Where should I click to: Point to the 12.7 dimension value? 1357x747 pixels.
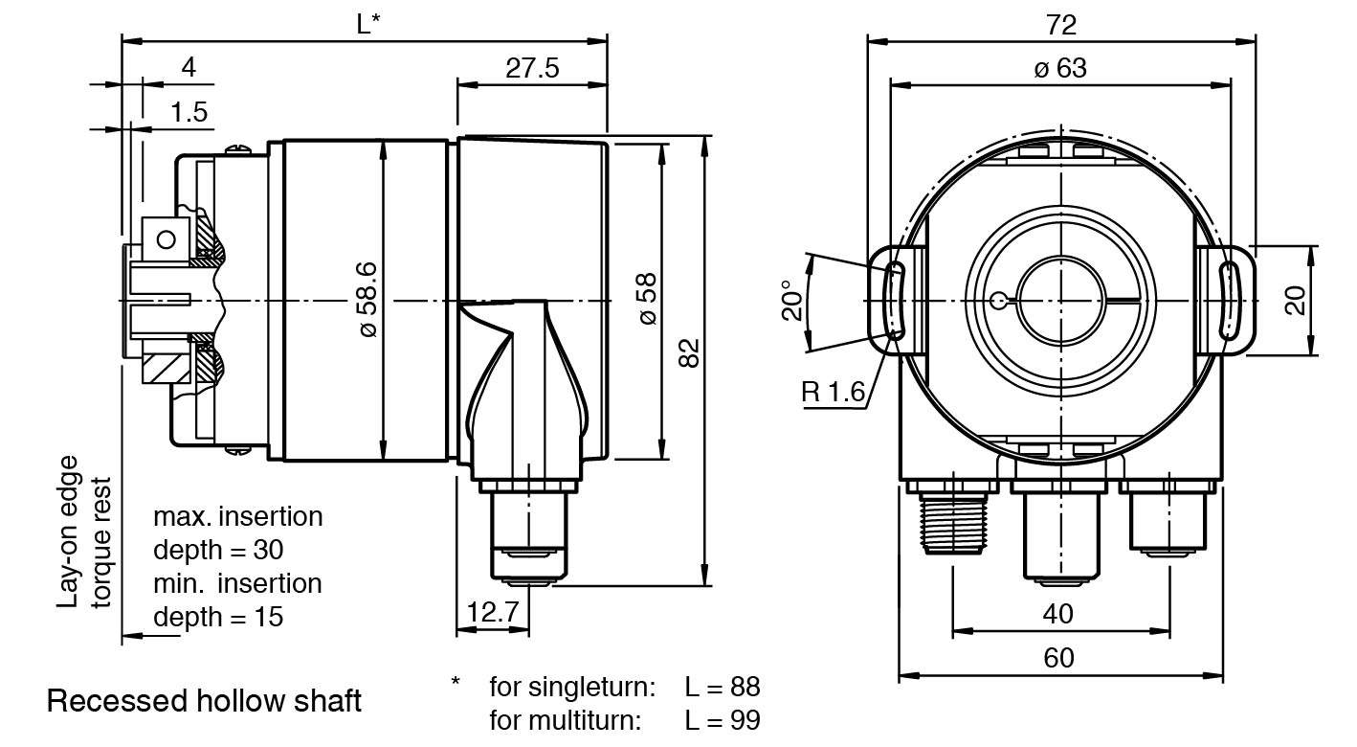493,611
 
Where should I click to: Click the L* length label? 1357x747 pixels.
368,24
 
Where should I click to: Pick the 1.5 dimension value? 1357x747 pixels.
189,112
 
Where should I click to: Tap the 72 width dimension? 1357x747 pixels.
1060,24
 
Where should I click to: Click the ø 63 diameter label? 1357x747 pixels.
1060,68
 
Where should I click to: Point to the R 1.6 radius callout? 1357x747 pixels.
833,392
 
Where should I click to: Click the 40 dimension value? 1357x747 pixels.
1057,613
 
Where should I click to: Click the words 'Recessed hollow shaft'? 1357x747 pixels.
204,701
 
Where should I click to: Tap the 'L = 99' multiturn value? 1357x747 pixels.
723,719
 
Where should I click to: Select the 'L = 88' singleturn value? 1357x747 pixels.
723,687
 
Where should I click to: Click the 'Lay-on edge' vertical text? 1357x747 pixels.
69,532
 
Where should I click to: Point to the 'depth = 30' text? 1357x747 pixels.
218,551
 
